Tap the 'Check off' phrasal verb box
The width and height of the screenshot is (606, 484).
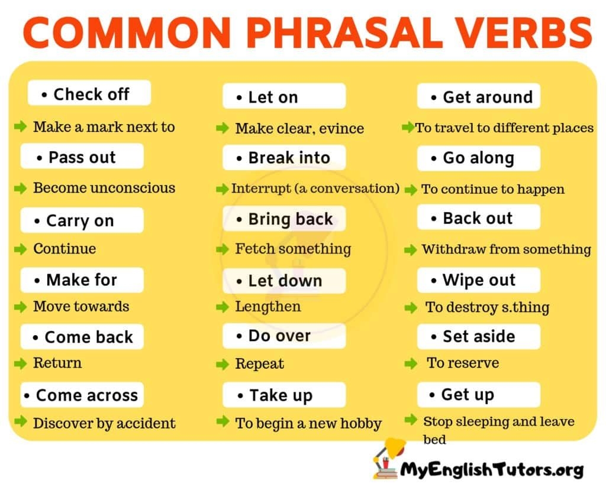(89, 93)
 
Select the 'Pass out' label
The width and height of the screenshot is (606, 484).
(82, 157)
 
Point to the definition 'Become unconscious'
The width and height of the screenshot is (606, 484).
(104, 188)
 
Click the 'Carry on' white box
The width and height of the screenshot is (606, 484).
(82, 220)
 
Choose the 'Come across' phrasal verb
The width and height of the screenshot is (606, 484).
(82, 395)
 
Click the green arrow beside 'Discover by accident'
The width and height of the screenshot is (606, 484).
(21, 422)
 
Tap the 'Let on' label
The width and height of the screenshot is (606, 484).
(283, 96)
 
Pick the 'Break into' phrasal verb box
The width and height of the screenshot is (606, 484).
(283, 158)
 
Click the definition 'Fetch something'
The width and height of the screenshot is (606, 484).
(292, 249)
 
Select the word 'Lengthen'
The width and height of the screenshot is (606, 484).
(267, 306)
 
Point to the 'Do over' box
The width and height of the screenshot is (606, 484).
(283, 336)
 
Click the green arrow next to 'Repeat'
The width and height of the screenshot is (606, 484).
(223, 363)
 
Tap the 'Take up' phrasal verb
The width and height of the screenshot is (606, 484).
(283, 395)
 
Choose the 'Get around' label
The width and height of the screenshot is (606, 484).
(478, 96)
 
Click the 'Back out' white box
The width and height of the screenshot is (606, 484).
(478, 217)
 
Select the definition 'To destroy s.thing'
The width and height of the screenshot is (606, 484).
(487, 307)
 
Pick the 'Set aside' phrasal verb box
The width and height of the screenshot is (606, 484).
(478, 336)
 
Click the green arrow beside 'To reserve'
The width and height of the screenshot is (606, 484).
(411, 363)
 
